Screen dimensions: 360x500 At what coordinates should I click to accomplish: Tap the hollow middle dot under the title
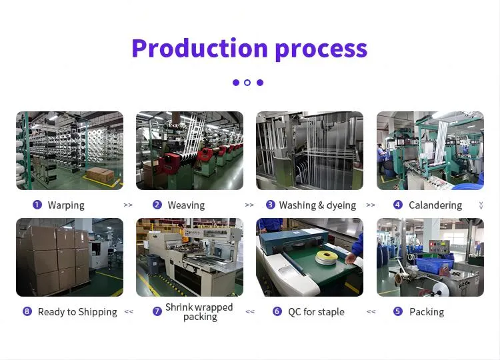click(x=247, y=83)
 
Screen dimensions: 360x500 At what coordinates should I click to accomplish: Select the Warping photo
click(x=69, y=151)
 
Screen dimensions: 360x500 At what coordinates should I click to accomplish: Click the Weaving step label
click(x=186, y=205)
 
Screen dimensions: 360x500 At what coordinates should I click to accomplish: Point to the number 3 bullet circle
click(x=271, y=205)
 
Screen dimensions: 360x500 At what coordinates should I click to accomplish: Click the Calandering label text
click(x=435, y=205)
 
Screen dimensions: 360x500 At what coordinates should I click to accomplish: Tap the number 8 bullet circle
click(x=27, y=311)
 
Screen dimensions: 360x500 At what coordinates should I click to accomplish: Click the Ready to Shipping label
click(x=77, y=312)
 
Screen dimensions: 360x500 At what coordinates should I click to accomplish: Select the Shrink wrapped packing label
click(x=199, y=312)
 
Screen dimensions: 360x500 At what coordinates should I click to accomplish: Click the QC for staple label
click(x=316, y=312)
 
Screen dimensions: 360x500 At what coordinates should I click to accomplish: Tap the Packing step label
click(x=427, y=312)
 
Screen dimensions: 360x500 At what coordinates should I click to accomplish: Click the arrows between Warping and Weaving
click(x=128, y=205)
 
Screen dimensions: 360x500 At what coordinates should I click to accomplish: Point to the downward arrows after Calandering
click(x=481, y=205)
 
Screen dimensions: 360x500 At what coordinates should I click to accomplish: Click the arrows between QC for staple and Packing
click(x=371, y=311)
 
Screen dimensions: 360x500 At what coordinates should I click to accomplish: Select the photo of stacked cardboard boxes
click(x=69, y=257)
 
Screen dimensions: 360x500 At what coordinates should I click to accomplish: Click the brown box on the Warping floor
click(x=100, y=175)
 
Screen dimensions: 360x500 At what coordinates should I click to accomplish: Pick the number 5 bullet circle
click(x=398, y=311)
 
